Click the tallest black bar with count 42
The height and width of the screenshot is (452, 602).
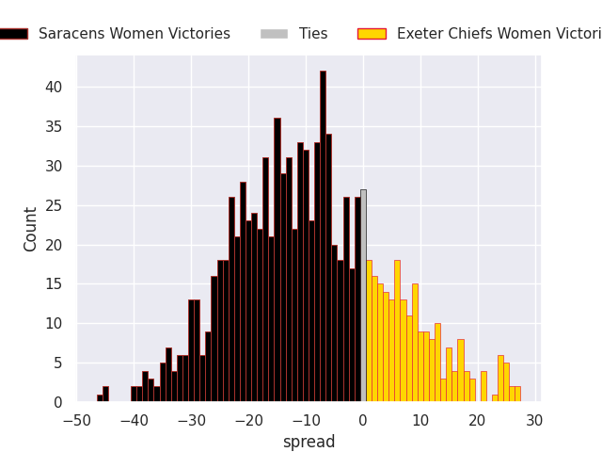(x=323, y=235)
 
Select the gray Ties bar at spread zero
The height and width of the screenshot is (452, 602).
(x=363, y=296)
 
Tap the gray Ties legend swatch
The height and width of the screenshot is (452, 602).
(x=274, y=34)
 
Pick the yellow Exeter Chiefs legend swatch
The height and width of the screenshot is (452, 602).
(x=372, y=34)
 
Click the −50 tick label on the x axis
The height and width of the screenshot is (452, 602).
(x=77, y=420)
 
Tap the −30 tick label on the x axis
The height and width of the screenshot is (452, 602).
(x=191, y=420)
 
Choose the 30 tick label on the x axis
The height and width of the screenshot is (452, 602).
(x=535, y=420)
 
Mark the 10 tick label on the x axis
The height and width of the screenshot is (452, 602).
(x=420, y=420)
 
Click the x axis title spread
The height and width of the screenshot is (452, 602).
(x=309, y=442)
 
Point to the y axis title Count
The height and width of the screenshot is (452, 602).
(x=31, y=229)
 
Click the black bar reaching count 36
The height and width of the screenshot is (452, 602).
(x=277, y=260)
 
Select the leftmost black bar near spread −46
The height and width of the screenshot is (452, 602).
(x=101, y=398)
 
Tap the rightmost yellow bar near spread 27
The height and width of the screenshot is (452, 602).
(x=517, y=395)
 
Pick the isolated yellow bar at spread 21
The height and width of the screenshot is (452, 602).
(x=483, y=387)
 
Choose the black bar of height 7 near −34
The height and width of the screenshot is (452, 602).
(x=168, y=375)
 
